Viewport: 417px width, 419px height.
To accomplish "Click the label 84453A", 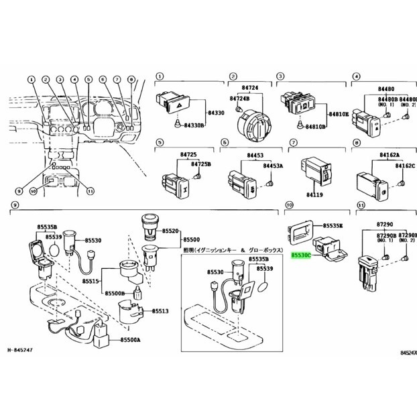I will pos(272,165).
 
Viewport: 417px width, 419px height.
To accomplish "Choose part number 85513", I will pos(161,311).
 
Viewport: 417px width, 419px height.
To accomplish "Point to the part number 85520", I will pos(172,231).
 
